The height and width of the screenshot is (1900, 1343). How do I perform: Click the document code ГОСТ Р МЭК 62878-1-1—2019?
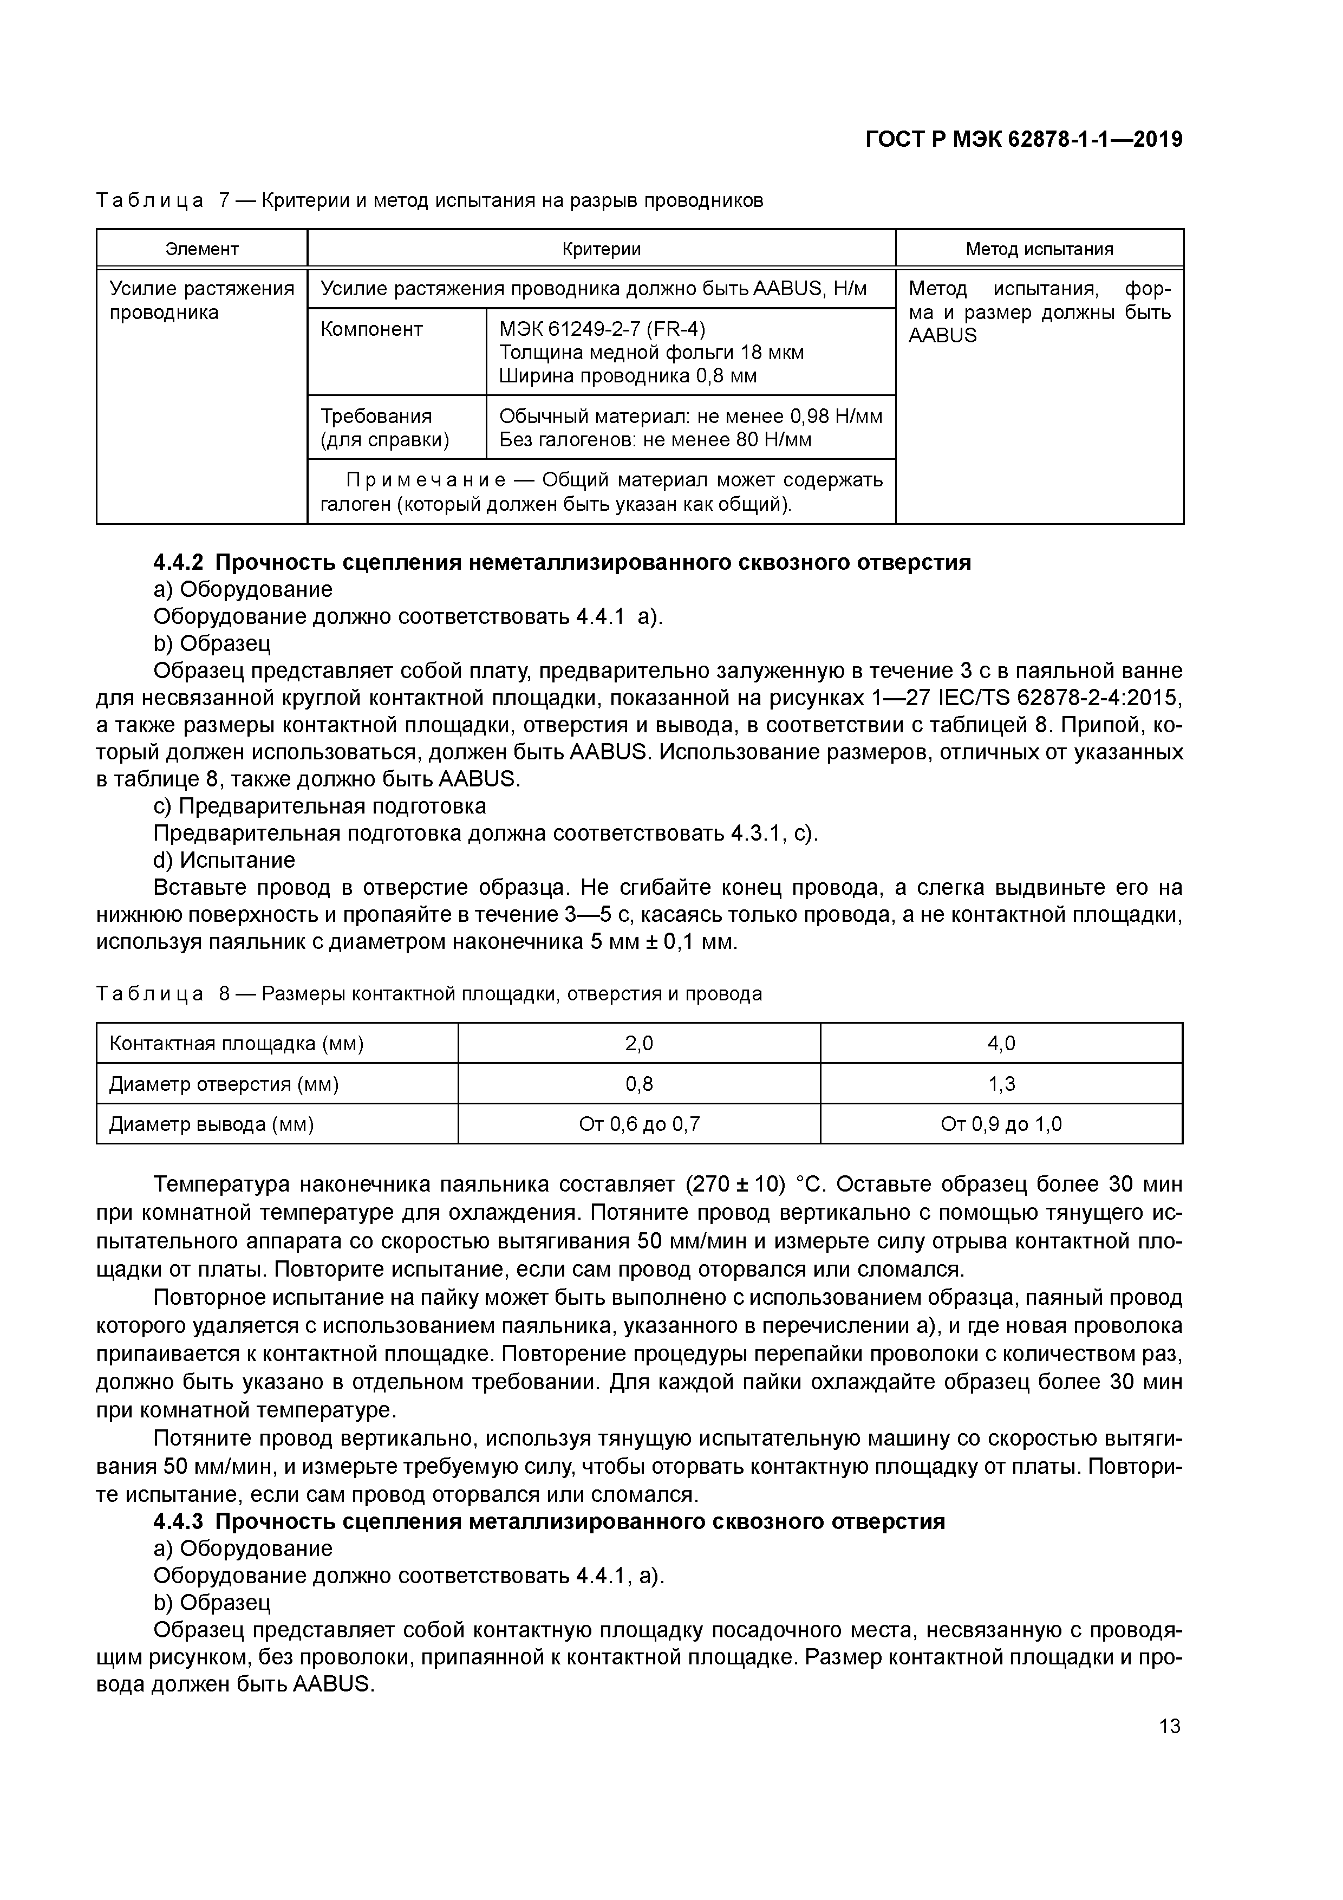tap(1023, 139)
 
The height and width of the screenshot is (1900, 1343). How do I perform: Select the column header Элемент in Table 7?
tap(202, 249)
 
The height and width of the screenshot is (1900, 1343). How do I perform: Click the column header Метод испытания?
tap(1039, 249)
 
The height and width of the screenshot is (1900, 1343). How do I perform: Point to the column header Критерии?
tap(602, 249)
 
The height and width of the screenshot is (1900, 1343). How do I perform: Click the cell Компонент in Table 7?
tap(371, 329)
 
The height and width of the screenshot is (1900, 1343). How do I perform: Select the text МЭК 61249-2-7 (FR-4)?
tap(602, 329)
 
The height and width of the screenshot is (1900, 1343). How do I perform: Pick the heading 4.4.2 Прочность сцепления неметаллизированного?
tap(562, 563)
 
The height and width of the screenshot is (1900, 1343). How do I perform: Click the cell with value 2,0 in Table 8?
tap(639, 1044)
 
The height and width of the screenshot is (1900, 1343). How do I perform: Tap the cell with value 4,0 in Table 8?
tap(1001, 1044)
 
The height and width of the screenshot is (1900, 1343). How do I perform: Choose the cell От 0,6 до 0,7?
tap(639, 1124)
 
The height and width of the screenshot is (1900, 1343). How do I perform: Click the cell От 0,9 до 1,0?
tap(1001, 1124)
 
